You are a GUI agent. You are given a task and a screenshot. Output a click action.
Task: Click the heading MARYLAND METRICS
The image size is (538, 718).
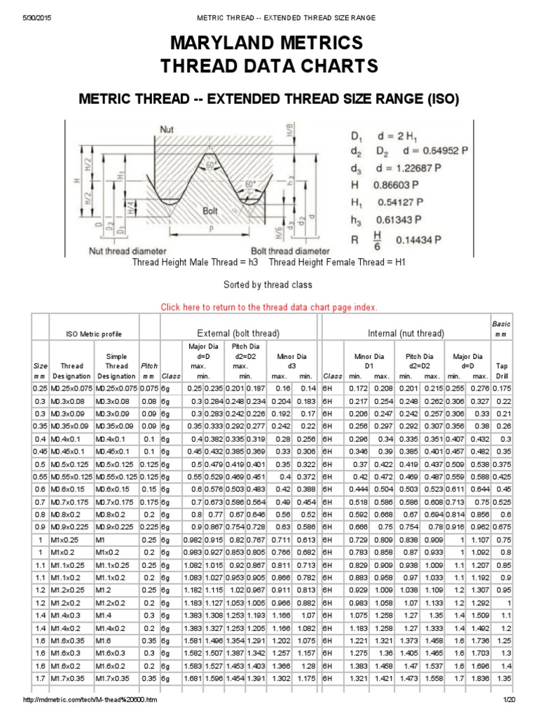point(268,44)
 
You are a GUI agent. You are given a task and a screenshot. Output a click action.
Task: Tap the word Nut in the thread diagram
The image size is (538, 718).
point(167,129)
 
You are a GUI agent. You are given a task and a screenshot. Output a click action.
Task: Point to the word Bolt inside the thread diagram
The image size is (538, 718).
point(209,210)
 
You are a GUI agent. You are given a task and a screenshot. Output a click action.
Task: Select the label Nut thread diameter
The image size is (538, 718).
point(127,250)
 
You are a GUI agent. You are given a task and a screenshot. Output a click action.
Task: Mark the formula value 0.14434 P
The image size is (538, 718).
point(418,239)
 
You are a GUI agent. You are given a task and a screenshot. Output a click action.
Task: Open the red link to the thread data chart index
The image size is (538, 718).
point(269,307)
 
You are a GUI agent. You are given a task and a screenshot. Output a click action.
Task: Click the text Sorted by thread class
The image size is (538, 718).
point(268,285)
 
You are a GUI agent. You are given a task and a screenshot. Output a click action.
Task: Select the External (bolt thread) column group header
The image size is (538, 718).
point(238,333)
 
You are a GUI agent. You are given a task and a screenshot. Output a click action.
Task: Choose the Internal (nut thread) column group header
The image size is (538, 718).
point(406,333)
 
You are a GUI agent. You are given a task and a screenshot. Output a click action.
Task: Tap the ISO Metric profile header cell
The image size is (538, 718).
point(94,334)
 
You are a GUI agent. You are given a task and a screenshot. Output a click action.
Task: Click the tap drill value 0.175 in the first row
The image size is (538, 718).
point(502,388)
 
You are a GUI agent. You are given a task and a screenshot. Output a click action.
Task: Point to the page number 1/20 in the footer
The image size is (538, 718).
point(509,702)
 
